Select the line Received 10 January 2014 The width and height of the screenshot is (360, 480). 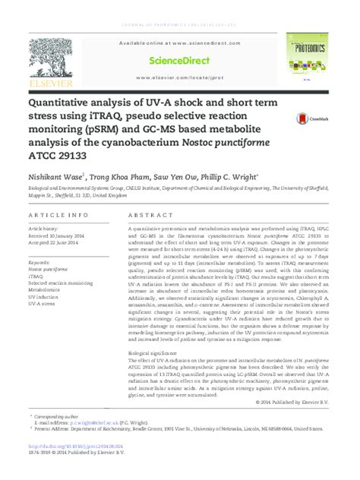pyautogui.click(x=62, y=235)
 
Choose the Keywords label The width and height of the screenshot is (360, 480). pyautogui.click(x=42, y=262)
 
